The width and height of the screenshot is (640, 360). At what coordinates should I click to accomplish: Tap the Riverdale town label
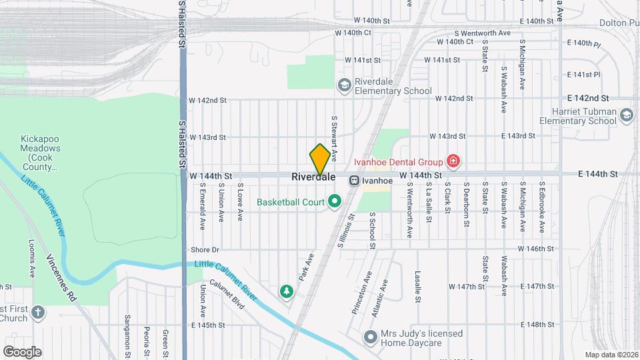[x=313, y=178]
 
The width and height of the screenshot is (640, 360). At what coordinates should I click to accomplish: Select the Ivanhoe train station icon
[x=355, y=179]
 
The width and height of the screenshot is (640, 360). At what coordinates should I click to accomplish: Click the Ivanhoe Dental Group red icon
[x=453, y=161]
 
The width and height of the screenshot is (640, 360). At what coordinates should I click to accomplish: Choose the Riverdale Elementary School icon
[x=344, y=84]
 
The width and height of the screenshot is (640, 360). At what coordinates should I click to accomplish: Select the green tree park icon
[x=287, y=291]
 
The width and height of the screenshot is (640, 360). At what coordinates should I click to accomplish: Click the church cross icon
[x=39, y=313]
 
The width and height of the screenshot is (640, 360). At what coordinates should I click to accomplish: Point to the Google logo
[x=22, y=352]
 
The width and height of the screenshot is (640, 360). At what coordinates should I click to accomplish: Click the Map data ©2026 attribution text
[x=611, y=355]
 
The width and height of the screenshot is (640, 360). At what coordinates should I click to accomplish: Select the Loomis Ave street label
[x=31, y=259]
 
